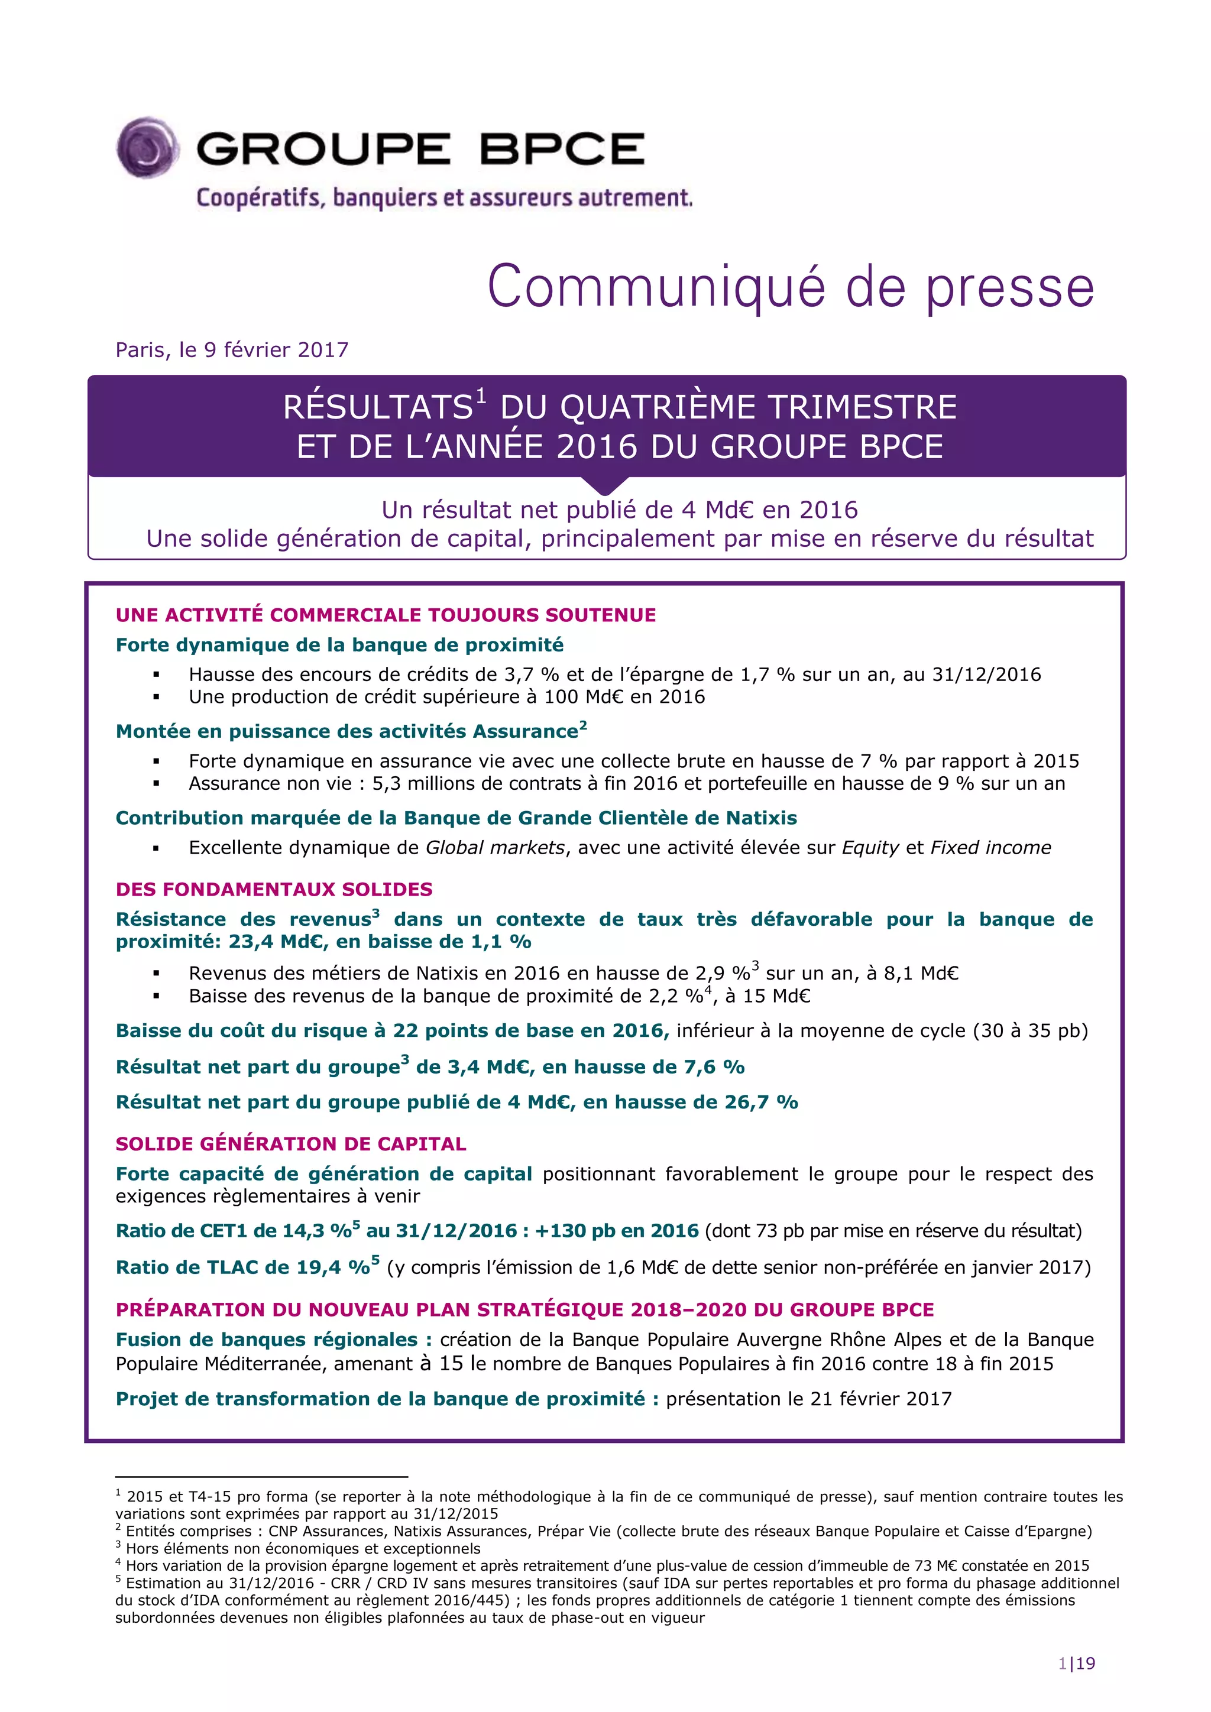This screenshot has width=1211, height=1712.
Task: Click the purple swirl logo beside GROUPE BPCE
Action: (x=148, y=148)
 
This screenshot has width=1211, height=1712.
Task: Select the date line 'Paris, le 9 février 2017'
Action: (x=232, y=350)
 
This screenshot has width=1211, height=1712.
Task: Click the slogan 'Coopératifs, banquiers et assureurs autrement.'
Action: (x=445, y=199)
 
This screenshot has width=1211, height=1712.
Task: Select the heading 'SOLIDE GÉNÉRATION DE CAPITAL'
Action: (x=291, y=1144)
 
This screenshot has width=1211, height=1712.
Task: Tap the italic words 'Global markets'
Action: (x=494, y=847)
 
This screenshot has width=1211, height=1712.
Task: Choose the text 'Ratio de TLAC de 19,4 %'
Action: (x=243, y=1267)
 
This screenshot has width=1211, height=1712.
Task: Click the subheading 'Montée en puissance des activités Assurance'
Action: (x=347, y=731)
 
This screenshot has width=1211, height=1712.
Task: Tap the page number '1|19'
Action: (x=1076, y=1664)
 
